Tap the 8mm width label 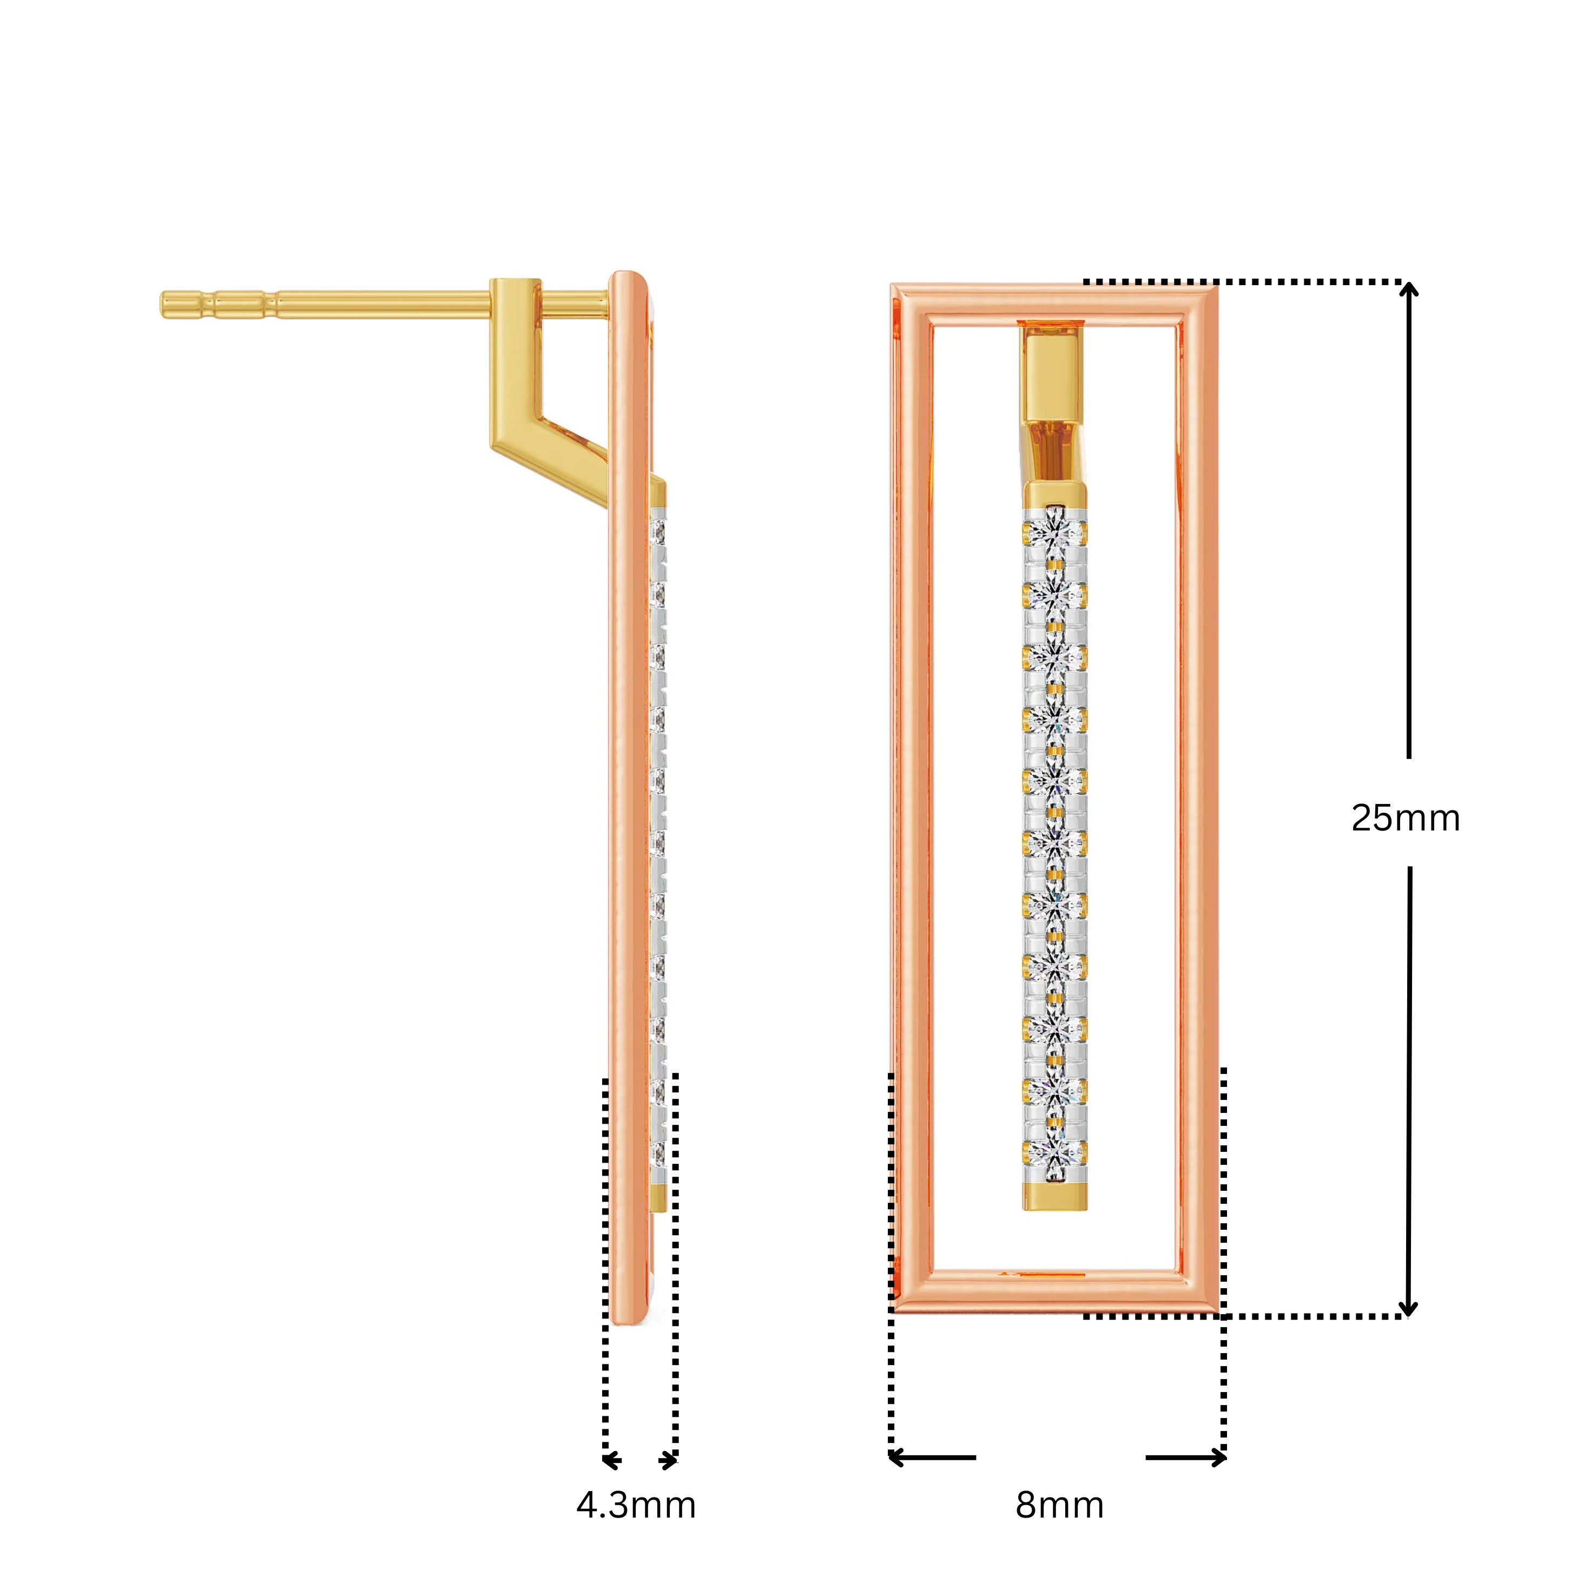click(1059, 1505)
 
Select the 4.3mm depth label click(635, 1505)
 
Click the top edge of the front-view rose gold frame click(1054, 301)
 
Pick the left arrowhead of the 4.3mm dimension click(610, 1461)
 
